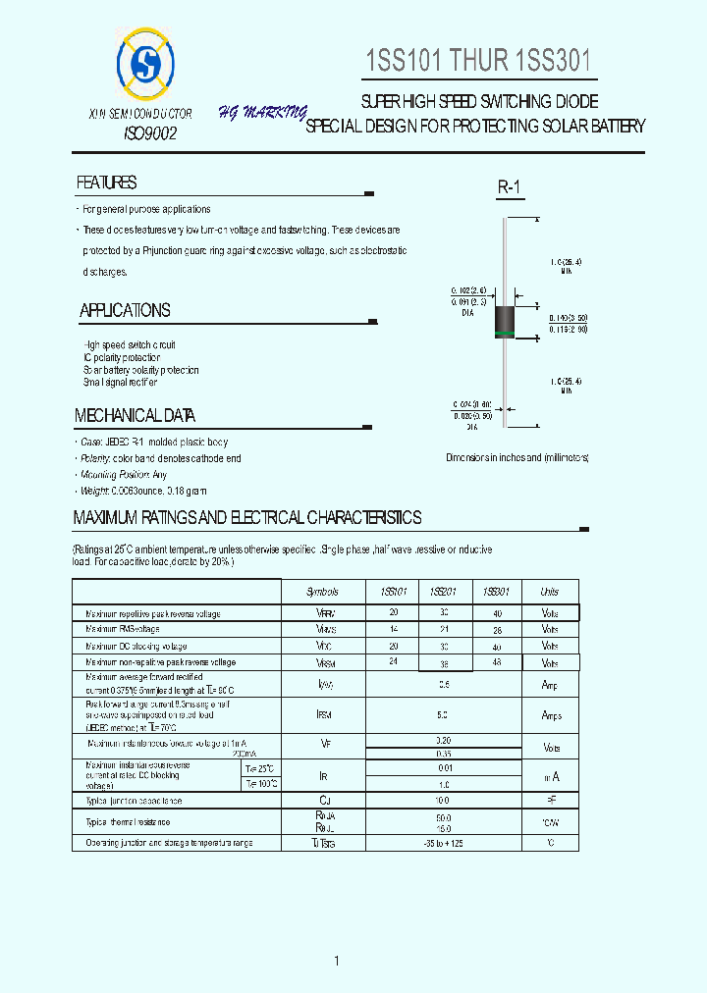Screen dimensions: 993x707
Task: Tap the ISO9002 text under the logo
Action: pyautogui.click(x=150, y=133)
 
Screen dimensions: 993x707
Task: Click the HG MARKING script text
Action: pyautogui.click(x=262, y=113)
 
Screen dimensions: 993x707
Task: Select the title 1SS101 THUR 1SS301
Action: pyautogui.click(x=479, y=61)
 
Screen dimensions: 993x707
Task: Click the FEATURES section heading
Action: pyautogui.click(x=107, y=183)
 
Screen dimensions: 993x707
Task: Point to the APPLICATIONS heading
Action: pyautogui.click(x=125, y=311)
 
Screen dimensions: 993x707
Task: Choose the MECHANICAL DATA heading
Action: pyautogui.click(x=136, y=416)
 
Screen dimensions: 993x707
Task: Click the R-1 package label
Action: pyautogui.click(x=508, y=187)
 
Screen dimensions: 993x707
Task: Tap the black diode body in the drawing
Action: pyautogui.click(x=505, y=318)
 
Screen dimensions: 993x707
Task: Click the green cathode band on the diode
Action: pyautogui.click(x=505, y=335)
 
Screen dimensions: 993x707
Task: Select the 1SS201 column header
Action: pyautogui.click(x=443, y=592)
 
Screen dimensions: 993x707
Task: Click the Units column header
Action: pyautogui.click(x=550, y=592)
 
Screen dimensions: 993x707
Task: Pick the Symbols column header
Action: pyautogui.click(x=322, y=592)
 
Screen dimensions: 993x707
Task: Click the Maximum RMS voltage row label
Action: pyautogui.click(x=123, y=629)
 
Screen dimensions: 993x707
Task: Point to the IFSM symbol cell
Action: pyautogui.click(x=324, y=715)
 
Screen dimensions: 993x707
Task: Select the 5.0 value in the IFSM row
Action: pyautogui.click(x=444, y=715)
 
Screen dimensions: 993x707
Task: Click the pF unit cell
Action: pyautogui.click(x=550, y=802)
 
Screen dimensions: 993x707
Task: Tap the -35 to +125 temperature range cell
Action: pyautogui.click(x=444, y=843)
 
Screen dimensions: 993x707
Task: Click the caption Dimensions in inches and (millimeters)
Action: pyautogui.click(x=517, y=458)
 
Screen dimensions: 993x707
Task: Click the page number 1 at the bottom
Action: pyautogui.click(x=336, y=961)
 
